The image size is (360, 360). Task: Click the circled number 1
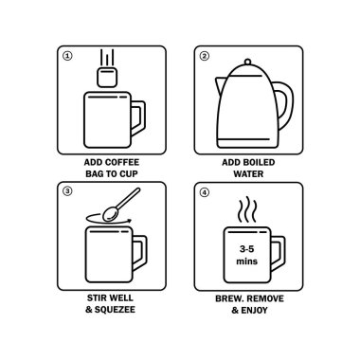pos(68,56)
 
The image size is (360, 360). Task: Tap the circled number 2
pos(205,56)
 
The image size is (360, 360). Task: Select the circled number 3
pos(67,191)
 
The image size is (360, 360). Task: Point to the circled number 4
pos(205,192)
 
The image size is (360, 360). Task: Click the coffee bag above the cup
pos(107,77)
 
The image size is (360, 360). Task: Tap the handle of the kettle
pos(283,105)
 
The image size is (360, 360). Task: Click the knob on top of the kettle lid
pos(248,62)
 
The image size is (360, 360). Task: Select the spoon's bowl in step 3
pos(111,213)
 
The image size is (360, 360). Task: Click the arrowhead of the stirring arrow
pos(129,220)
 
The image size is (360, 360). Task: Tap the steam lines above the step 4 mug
pos(247,209)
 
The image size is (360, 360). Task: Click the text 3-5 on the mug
pos(246,249)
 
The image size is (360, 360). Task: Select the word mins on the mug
pos(246,261)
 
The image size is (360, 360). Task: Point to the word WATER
pos(248,174)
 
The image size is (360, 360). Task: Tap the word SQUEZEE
pos(115,310)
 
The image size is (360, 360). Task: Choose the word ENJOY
pos(254,311)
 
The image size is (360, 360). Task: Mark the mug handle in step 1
pos(138,118)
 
